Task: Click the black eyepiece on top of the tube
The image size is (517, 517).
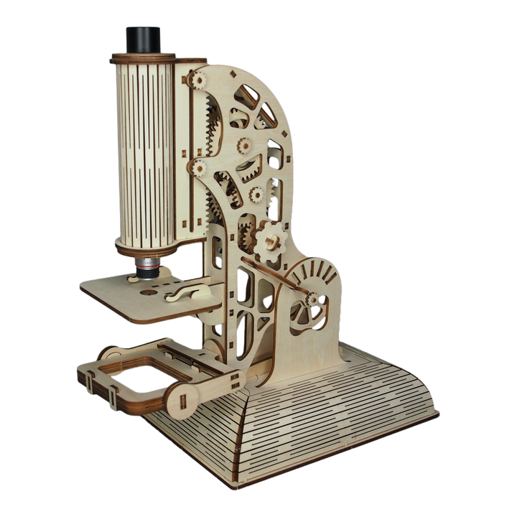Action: coord(144,40)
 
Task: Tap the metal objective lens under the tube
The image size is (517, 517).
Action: coord(146,267)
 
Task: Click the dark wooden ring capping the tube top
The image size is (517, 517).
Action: coord(144,57)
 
